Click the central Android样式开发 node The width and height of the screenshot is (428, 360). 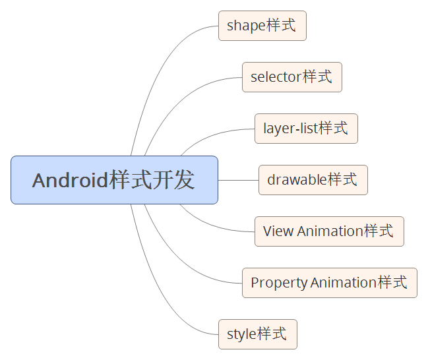click(114, 180)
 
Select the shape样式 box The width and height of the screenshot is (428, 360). click(262, 26)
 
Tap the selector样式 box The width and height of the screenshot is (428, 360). click(291, 77)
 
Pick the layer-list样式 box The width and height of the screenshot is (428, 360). click(306, 129)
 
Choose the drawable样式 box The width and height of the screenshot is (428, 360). click(313, 180)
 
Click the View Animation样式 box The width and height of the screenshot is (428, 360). click(329, 231)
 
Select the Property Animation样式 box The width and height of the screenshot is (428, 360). click(329, 283)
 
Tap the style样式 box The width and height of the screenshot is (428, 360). click(257, 334)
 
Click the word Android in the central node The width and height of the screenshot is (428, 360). click(70, 181)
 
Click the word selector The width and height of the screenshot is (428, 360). click(276, 78)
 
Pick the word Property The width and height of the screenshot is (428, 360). click(279, 284)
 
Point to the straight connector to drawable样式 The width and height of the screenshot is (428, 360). click(238, 180)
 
